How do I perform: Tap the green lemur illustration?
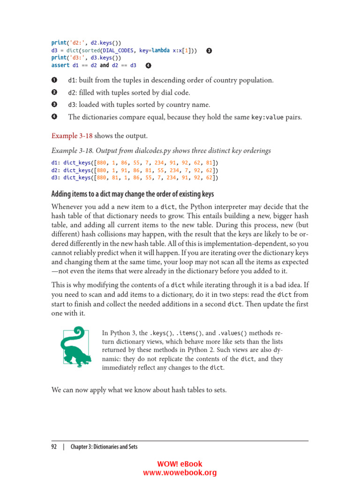coord(73,346)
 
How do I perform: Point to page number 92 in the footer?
coord(54,447)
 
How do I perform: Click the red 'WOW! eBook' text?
coord(180,464)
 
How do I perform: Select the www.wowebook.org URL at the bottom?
coord(180,473)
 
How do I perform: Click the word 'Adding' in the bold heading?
coord(63,194)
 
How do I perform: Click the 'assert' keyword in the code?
coord(60,65)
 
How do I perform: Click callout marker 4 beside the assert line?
coord(148,65)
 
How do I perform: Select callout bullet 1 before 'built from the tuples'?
coord(54,80)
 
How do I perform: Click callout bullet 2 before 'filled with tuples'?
coord(54,92)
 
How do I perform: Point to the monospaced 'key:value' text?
coord(267,117)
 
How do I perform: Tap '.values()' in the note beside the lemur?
coord(232,333)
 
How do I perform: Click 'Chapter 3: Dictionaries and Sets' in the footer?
coord(104,447)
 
